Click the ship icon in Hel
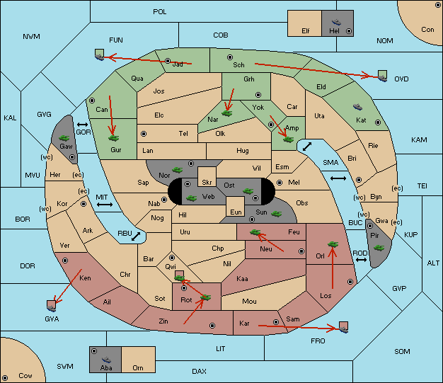[336, 22]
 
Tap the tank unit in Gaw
[64, 138]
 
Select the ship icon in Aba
[106, 360]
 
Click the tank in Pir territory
[379, 248]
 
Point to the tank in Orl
[333, 244]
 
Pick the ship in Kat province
[357, 107]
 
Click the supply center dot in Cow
[5, 377]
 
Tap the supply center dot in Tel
[144, 134]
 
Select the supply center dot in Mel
[280, 183]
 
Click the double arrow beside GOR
[82, 125]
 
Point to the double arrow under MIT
[105, 205]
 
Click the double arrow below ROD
[361, 260]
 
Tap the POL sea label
[160, 12]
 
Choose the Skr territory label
[207, 183]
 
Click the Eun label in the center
[236, 212]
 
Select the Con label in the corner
[427, 30]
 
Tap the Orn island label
[138, 367]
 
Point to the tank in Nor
[177, 170]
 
